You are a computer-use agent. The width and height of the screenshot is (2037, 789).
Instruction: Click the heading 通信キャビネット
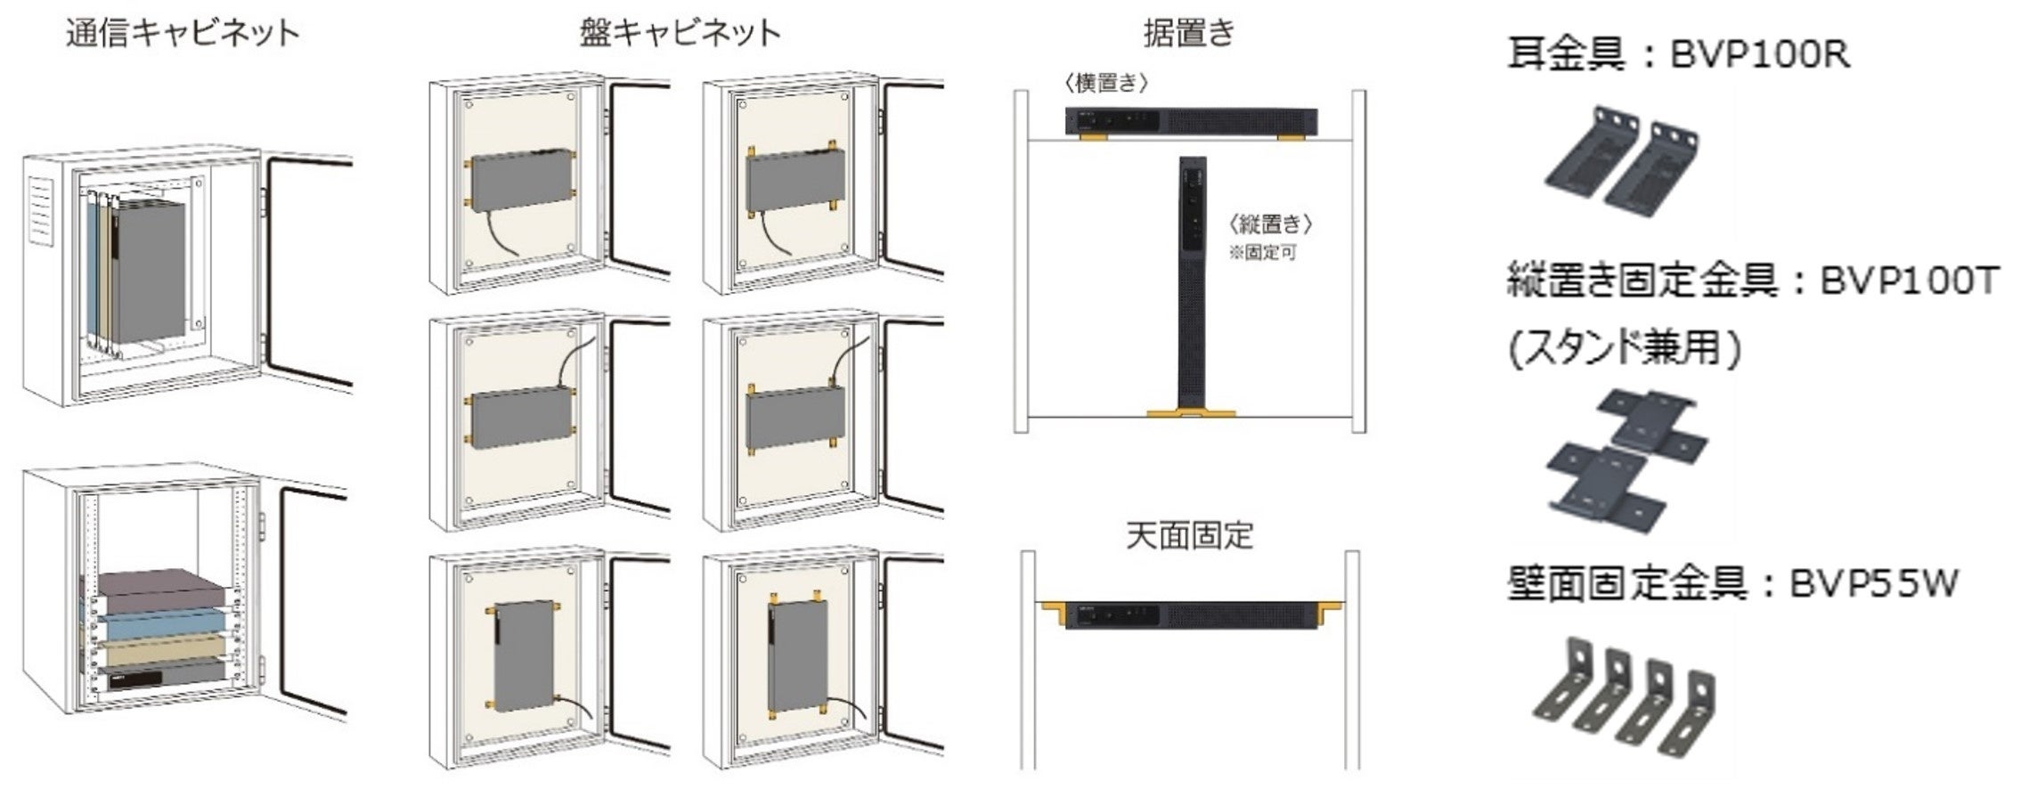(183, 33)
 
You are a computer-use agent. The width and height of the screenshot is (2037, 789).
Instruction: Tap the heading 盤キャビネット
(680, 33)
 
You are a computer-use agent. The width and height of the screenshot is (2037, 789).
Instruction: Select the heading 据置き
(1190, 33)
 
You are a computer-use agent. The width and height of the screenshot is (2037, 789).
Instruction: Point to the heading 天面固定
(1190, 534)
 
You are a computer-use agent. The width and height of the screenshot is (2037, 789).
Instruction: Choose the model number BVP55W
(1862, 584)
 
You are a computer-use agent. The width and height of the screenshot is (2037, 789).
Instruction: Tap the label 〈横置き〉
(1106, 84)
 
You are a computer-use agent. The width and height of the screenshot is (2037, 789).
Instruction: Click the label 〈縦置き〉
(1270, 224)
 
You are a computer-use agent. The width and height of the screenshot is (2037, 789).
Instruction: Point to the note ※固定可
(1263, 253)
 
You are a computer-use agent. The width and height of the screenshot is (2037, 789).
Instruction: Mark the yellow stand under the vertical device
(1191, 413)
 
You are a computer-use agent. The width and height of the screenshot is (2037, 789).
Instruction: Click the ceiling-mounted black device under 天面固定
(1192, 615)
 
